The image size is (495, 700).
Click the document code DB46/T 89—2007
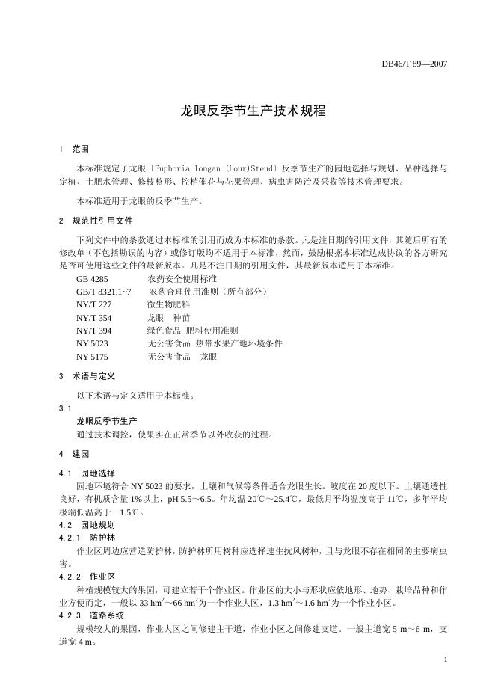click(x=413, y=64)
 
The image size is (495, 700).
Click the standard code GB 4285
click(x=93, y=278)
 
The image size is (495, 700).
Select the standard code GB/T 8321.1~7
click(x=104, y=291)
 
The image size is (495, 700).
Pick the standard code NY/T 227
click(x=93, y=304)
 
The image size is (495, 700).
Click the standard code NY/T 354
click(x=93, y=317)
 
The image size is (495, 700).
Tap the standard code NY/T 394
click(x=93, y=330)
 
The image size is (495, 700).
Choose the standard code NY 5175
click(x=93, y=357)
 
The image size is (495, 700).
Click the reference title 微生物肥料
click(x=169, y=304)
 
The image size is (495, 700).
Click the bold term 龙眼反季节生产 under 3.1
click(x=107, y=421)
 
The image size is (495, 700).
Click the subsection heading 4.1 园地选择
click(x=87, y=473)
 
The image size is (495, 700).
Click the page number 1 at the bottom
click(x=445, y=659)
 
